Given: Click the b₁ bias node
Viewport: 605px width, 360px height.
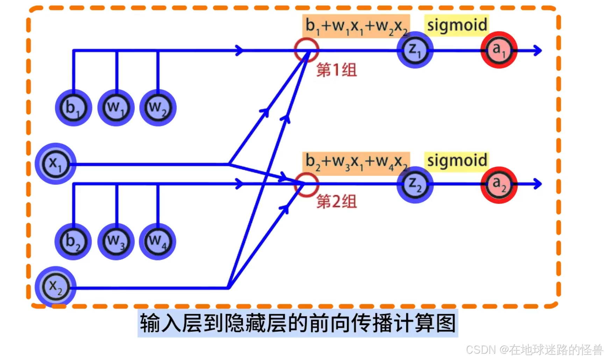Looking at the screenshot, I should click(x=73, y=108).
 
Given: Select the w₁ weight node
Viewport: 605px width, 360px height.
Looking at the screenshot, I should click(x=116, y=108).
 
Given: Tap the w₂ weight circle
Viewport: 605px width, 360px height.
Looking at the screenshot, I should click(x=158, y=108).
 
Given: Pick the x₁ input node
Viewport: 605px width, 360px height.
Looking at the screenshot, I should click(x=56, y=163).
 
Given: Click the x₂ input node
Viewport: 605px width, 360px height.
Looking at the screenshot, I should click(x=56, y=287).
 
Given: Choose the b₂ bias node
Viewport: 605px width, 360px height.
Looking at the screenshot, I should click(x=73, y=241).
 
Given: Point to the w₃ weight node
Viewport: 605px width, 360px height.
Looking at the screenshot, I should click(x=116, y=241).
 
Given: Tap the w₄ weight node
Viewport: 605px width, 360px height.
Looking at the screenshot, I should click(x=157, y=241).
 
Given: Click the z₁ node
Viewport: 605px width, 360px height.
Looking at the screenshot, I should click(x=415, y=50).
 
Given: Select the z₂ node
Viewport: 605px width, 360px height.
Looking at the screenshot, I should click(x=415, y=184).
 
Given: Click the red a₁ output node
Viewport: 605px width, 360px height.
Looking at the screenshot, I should click(x=499, y=50).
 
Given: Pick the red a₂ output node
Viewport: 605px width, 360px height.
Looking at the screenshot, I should click(x=499, y=185).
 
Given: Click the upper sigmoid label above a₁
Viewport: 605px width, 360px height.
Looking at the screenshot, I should click(x=457, y=25).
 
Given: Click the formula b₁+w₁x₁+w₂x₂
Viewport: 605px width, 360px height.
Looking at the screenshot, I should click(x=356, y=26).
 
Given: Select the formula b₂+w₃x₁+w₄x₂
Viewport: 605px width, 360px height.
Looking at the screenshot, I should click(x=356, y=162).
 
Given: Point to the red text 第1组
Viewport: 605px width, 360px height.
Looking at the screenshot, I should click(x=336, y=70).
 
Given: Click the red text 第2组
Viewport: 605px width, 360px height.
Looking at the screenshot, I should click(x=336, y=202).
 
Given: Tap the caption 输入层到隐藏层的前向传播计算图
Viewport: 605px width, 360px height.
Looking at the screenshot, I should click(x=298, y=323).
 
